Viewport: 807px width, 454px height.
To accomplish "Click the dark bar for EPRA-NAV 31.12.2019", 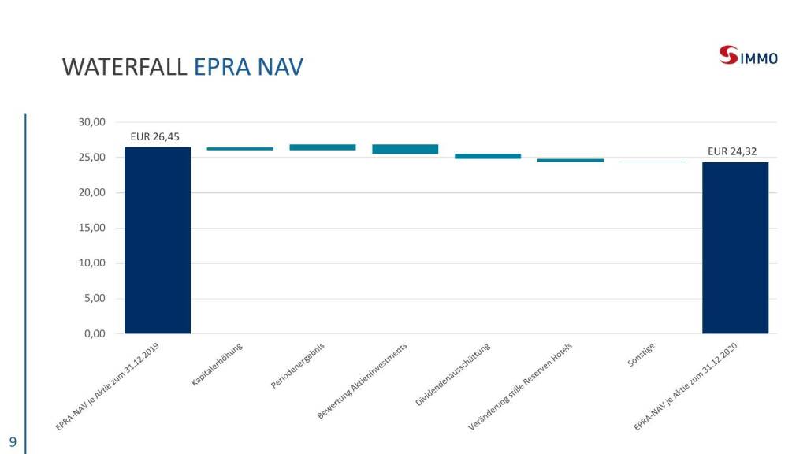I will point(158,240).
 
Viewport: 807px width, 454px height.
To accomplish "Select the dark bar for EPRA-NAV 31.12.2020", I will point(735,247).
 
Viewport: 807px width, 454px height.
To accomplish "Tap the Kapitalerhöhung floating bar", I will point(240,148).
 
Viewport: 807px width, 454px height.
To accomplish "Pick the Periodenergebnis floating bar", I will point(322,147).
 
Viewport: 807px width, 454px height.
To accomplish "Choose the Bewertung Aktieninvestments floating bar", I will point(405,149).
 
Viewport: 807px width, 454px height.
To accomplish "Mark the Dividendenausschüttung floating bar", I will point(488,156).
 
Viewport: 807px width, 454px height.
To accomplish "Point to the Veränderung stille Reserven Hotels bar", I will point(571,160).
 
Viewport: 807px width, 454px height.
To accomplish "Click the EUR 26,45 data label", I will point(157,136).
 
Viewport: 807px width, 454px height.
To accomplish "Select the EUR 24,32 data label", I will point(734,151).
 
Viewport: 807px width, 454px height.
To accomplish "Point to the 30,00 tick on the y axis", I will point(92,122).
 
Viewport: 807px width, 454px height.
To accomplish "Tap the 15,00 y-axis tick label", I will point(92,228).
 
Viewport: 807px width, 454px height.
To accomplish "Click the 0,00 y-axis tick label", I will point(95,333).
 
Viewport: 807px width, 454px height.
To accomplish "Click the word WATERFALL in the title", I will point(125,67).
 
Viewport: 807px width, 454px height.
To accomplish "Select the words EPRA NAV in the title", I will point(248,67).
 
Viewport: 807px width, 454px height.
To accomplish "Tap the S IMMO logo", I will point(748,56).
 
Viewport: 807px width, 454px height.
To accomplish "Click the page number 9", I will point(13,441).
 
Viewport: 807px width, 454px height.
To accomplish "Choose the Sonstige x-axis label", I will point(642,359).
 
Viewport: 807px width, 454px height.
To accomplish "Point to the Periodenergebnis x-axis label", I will point(299,367).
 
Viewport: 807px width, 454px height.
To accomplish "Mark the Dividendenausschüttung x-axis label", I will point(453,374).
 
